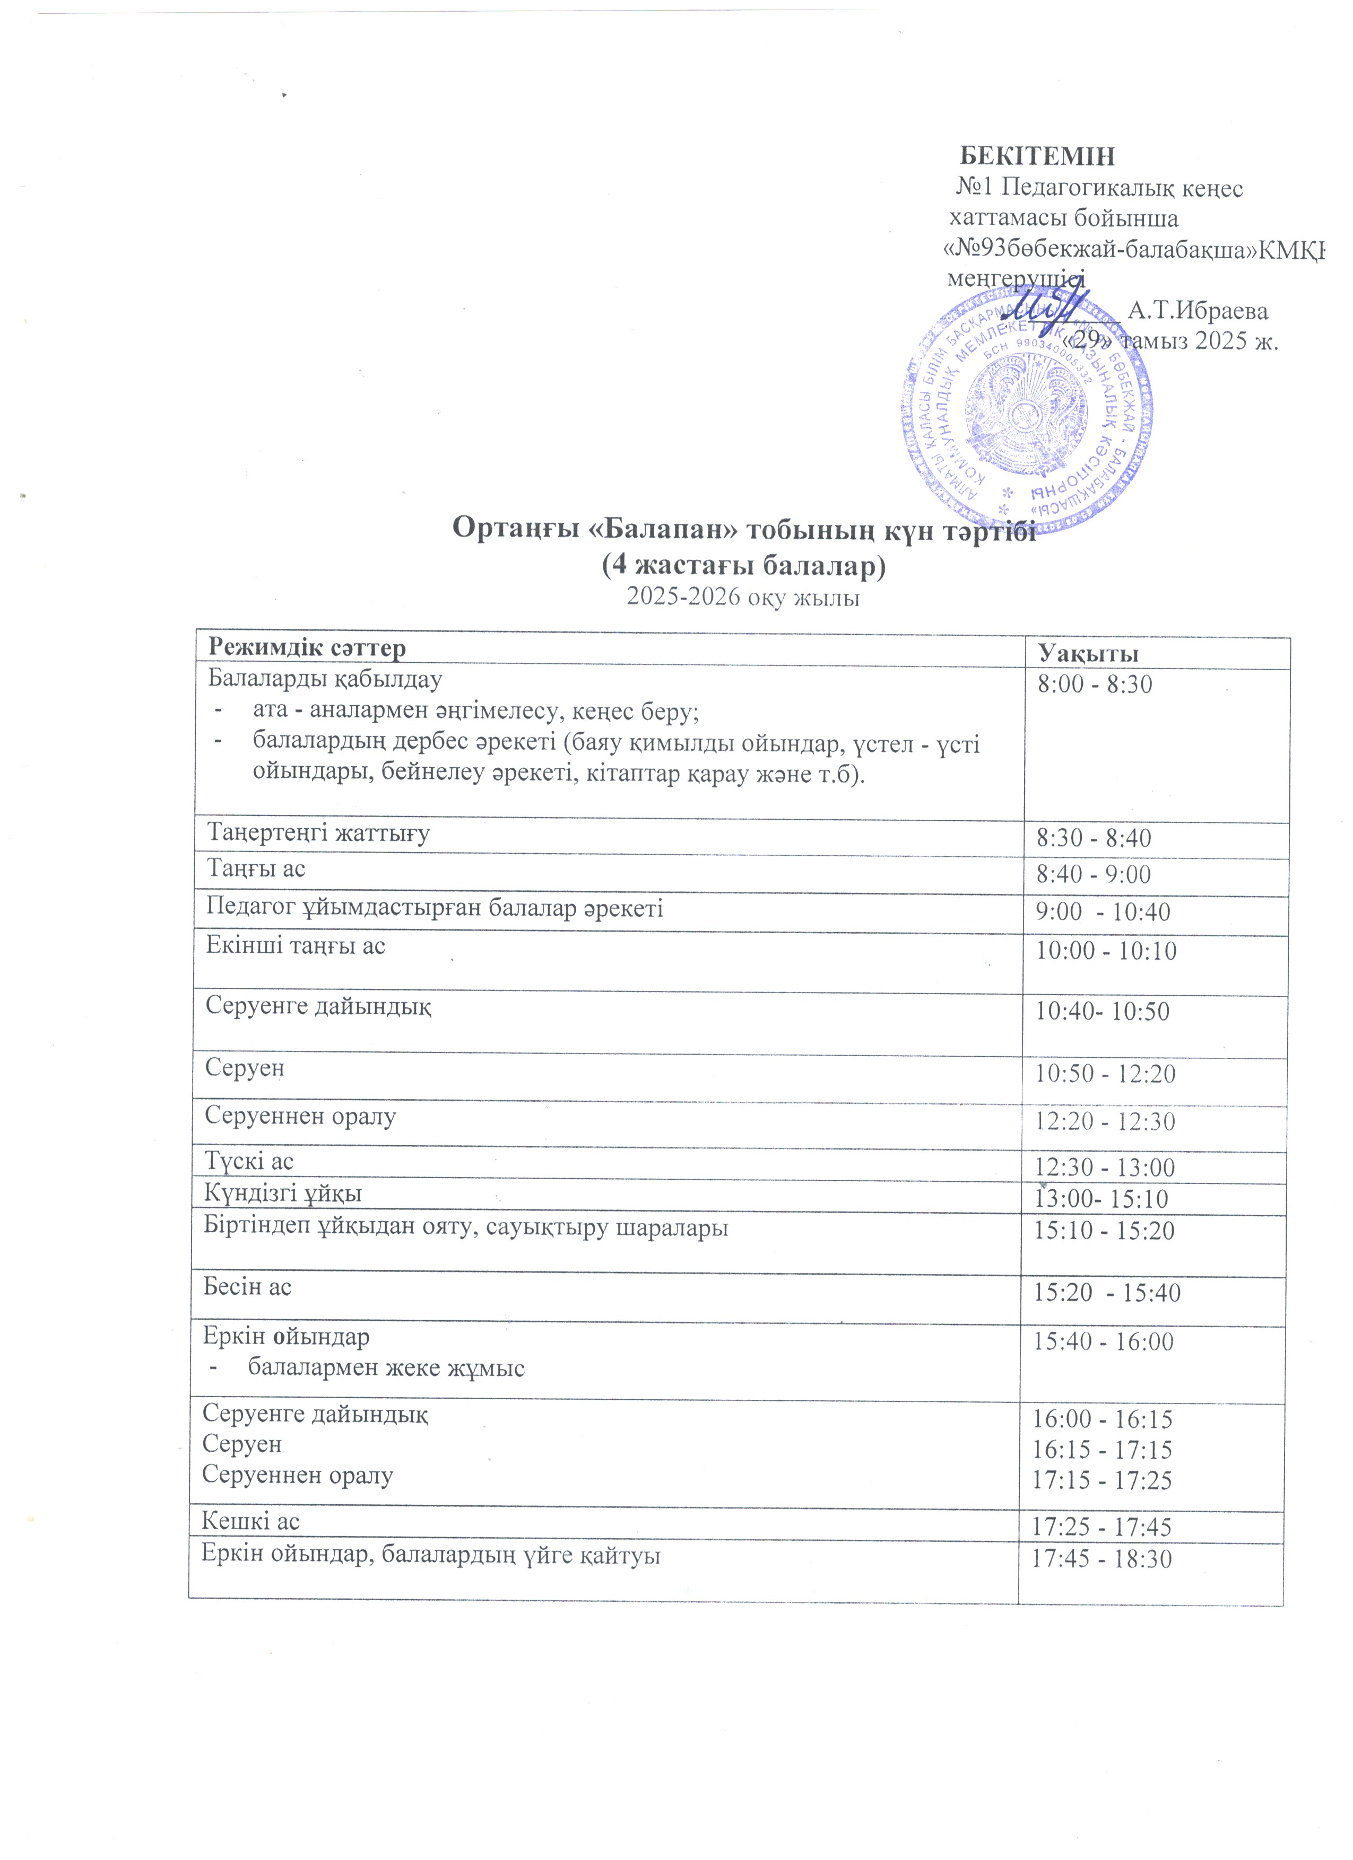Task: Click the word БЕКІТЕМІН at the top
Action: tap(1037, 156)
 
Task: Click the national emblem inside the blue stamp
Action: tap(1027, 414)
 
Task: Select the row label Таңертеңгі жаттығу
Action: tap(318, 833)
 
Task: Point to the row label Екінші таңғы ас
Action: tap(296, 945)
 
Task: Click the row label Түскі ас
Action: tap(249, 1161)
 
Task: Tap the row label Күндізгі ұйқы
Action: tap(283, 1194)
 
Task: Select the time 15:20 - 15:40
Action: tap(1106, 1293)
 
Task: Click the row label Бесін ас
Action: tap(247, 1287)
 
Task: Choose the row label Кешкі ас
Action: tap(250, 1521)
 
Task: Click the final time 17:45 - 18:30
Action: tap(1102, 1559)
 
